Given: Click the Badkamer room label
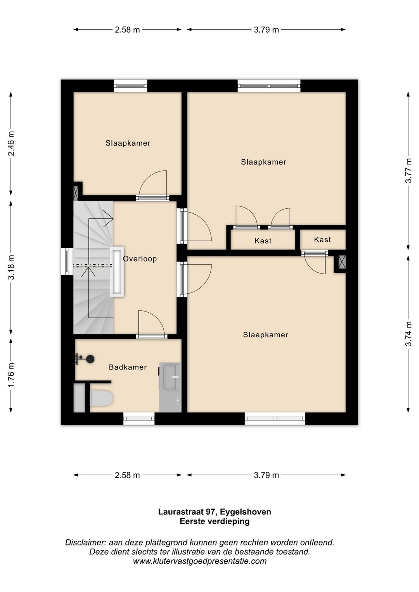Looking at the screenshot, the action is point(128,367).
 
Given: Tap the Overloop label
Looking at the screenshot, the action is point(140,259).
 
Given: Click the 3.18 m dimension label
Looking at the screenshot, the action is point(11,267).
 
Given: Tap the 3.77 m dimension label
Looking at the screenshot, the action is point(409,170).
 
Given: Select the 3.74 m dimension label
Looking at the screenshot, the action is point(409,334).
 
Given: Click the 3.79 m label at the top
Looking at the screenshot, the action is point(266,29).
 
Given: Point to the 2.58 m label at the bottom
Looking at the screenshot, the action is point(127,475).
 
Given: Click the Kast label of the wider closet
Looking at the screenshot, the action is point(263,241).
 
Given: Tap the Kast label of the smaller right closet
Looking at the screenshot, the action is point(322,239).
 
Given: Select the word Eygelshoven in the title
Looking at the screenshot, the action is point(246,512).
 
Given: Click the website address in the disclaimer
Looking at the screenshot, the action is point(199,561).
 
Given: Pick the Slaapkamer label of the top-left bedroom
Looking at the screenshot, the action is point(128,143).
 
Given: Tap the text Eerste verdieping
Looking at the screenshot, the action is point(215,521).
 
